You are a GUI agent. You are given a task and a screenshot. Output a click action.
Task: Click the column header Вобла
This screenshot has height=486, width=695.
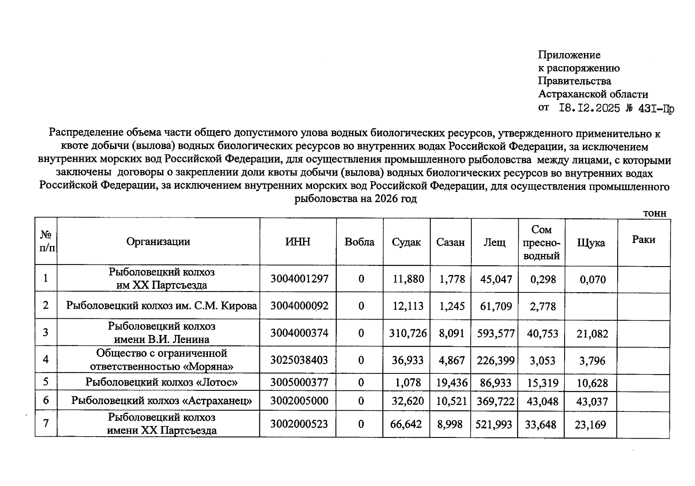tap(359, 242)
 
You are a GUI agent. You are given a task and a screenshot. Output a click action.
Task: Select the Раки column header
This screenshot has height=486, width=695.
tap(643, 239)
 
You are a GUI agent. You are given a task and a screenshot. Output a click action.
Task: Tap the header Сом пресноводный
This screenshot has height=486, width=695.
tap(541, 243)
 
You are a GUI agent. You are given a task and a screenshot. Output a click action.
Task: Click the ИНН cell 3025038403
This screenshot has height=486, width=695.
tap(299, 360)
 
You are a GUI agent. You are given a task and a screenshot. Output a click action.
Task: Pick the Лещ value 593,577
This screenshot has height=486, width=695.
tap(496, 334)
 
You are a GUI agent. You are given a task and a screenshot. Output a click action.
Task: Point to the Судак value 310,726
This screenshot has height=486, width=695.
tap(408, 333)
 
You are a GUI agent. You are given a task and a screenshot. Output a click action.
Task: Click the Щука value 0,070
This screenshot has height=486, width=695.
tap(592, 279)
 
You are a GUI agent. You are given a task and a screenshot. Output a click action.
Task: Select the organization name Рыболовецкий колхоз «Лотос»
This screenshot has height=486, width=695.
tap(161, 382)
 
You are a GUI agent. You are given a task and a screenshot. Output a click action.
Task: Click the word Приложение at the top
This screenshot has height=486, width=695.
tap(569, 55)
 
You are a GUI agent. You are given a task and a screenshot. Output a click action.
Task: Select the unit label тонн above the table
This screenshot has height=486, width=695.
tap(655, 213)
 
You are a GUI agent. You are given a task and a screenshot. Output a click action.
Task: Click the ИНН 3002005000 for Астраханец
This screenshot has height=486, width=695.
tap(299, 401)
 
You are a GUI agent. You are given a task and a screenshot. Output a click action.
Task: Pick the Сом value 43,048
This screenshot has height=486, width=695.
tap(542, 401)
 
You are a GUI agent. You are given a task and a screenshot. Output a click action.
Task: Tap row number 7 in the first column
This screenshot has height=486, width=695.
tap(46, 423)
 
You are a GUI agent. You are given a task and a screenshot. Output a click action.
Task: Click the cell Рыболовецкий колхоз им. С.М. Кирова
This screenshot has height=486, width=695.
tap(161, 305)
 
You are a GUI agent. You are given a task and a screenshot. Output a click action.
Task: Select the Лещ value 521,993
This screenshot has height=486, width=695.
tap(494, 424)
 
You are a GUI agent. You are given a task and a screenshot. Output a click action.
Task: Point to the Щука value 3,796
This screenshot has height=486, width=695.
tap(592, 360)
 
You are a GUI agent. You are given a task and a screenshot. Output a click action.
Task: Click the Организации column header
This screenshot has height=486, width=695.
tap(158, 242)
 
